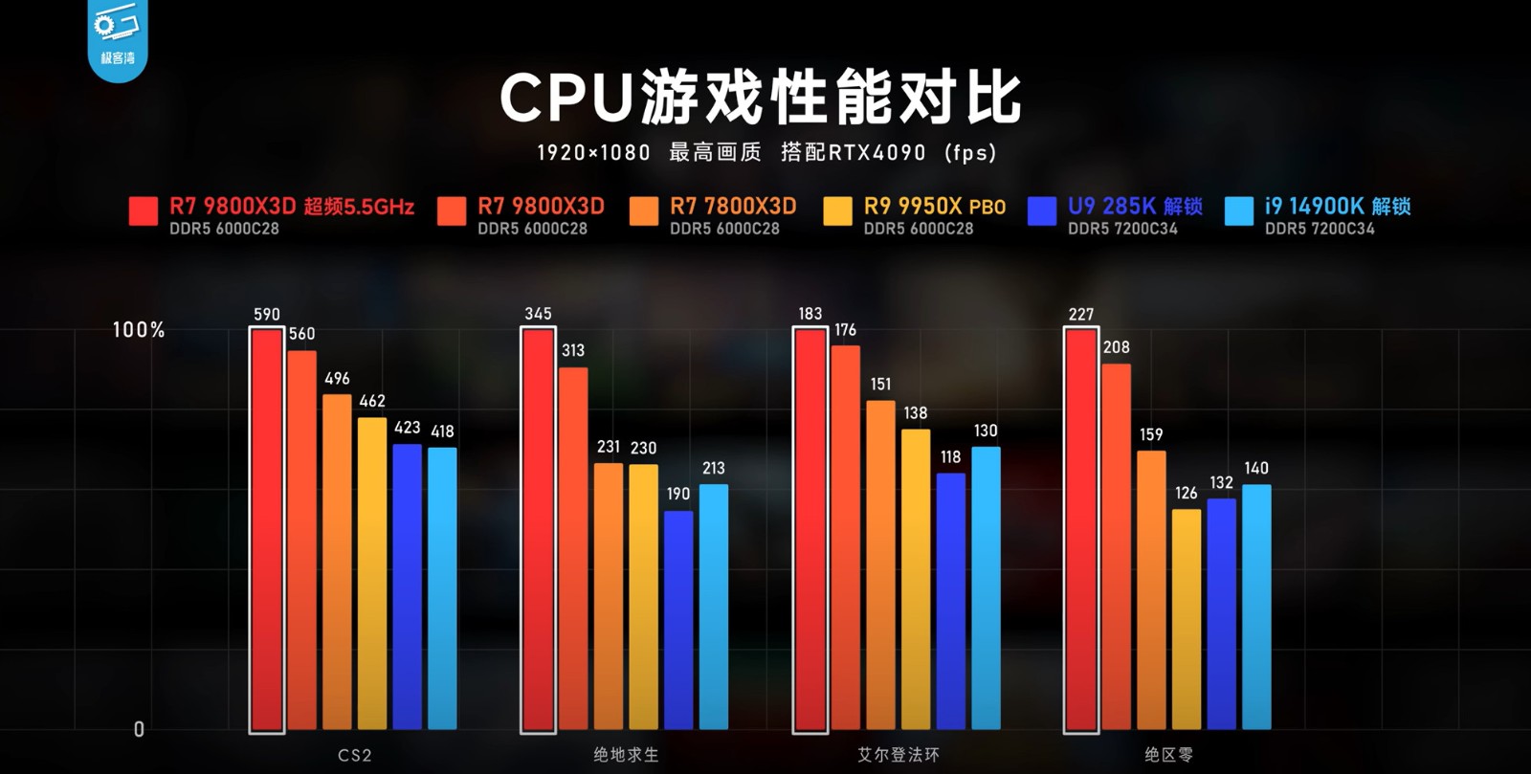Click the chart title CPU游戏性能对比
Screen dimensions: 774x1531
[761, 98]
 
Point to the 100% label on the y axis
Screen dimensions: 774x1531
[139, 330]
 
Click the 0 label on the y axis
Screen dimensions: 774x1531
[139, 730]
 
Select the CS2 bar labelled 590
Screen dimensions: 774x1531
[267, 531]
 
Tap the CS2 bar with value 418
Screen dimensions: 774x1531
[442, 588]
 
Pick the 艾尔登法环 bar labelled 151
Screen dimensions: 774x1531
[880, 564]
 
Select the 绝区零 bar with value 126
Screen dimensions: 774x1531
[1187, 619]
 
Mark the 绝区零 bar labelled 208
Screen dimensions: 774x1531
[1116, 546]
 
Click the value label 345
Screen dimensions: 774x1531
[538, 314]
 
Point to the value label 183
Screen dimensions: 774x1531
[810, 314]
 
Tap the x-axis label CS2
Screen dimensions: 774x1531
[354, 755]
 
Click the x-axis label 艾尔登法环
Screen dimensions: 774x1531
[898, 755]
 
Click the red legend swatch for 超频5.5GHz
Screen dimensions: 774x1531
[144, 211]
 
